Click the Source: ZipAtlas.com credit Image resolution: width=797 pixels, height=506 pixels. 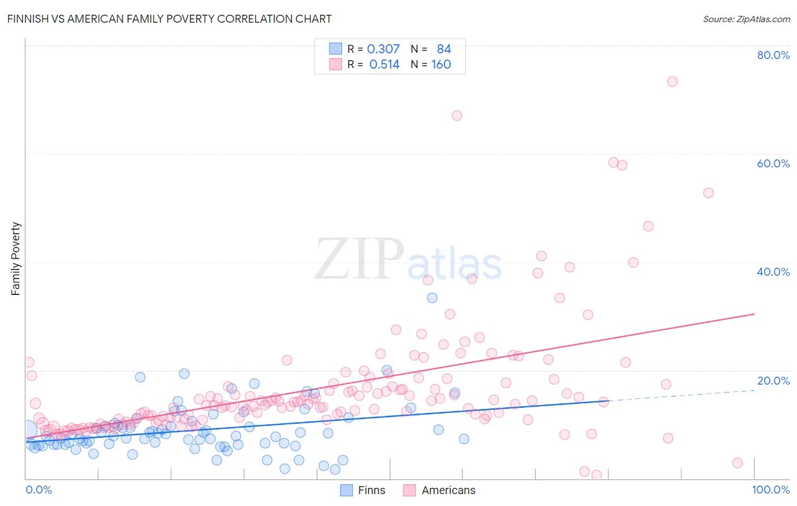pyautogui.click(x=746, y=19)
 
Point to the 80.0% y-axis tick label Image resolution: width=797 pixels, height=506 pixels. pyautogui.click(x=773, y=55)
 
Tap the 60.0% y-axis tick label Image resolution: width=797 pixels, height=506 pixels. pyautogui.click(x=773, y=163)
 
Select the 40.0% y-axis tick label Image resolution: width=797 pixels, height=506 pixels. pyautogui.click(x=773, y=272)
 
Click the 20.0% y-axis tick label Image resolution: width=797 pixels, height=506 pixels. pyautogui.click(x=773, y=381)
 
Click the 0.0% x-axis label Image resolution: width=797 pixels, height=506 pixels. pyautogui.click(x=39, y=490)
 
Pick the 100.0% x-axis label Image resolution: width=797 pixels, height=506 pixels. pyautogui.click(x=771, y=490)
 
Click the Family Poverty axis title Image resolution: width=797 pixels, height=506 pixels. pyautogui.click(x=16, y=259)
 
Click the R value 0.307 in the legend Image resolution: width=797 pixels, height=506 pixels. pyautogui.click(x=383, y=49)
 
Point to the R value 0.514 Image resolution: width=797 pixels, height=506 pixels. pyautogui.click(x=384, y=65)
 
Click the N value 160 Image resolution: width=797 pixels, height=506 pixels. pyautogui.click(x=441, y=65)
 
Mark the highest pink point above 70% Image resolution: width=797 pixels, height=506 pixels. pyautogui.click(x=672, y=81)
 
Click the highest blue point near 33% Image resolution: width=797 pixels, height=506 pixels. pyautogui.click(x=432, y=298)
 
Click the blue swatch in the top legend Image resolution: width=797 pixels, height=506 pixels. pyautogui.click(x=336, y=49)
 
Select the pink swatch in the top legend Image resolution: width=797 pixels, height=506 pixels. pyautogui.click(x=336, y=65)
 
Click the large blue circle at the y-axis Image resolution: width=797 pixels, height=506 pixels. pyautogui.click(x=26, y=431)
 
